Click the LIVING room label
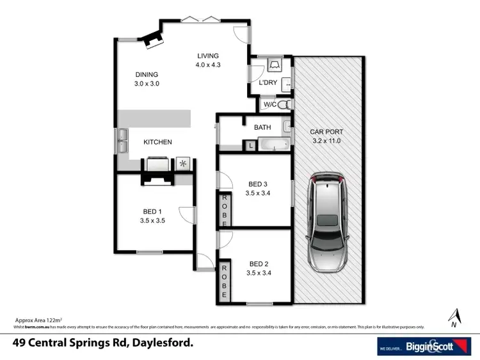[x=208, y=56]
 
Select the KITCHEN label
[x=157, y=142]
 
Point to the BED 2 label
[x=258, y=263]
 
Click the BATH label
[x=262, y=127]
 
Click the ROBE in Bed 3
[x=225, y=209]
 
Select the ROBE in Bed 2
[x=225, y=280]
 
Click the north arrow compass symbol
[x=455, y=316]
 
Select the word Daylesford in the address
[x=161, y=343]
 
